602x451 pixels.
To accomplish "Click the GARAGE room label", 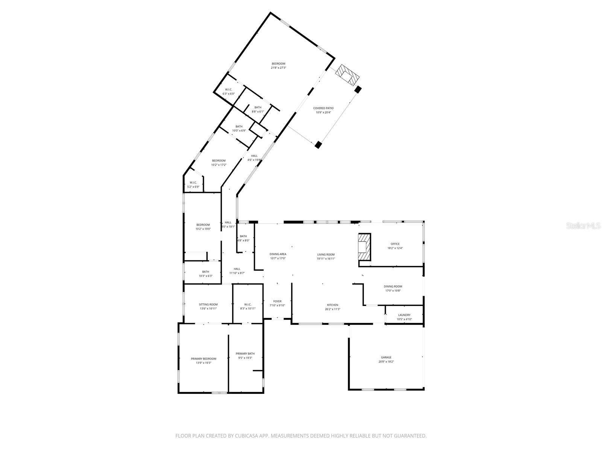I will pos(386,357).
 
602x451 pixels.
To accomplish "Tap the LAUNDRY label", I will pos(404,315).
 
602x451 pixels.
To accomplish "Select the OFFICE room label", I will pos(395,244).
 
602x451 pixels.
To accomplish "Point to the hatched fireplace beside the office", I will pos(364,247).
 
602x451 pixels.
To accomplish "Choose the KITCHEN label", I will pos(333,305).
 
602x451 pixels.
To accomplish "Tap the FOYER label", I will pos(277,301).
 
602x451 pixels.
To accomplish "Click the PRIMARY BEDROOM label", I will pos(204,359).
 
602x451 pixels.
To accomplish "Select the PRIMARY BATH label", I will pos(245,354).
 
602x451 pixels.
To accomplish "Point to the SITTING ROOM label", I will pos(208,304).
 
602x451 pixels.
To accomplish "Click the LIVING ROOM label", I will pos(325,254).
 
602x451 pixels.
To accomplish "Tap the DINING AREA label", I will pos(278,254).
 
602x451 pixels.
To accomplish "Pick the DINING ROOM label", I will pos(393,286).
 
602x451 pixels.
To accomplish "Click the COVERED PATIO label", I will pos(323,108).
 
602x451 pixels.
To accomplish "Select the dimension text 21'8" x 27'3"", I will pos(278,68).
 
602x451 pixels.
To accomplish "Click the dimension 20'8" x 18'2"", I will pos(386,362).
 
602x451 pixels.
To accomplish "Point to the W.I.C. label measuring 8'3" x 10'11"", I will pos(248,304).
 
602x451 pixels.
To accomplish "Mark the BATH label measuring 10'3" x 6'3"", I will pos(205,272).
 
